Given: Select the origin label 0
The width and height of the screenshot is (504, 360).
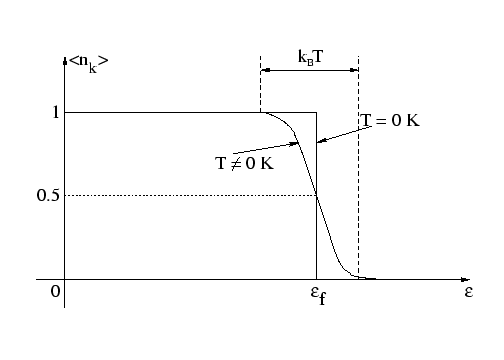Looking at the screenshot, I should click(x=56, y=292).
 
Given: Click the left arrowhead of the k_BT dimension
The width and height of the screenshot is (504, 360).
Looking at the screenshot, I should click(x=263, y=69).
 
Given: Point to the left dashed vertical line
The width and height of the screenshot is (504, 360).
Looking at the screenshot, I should click(x=260, y=85).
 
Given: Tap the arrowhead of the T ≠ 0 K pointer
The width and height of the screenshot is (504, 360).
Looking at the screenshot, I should click(x=297, y=144).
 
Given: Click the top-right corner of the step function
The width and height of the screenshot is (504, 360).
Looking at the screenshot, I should click(x=316, y=113).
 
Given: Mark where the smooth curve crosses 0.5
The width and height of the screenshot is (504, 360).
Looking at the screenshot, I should click(x=316, y=195).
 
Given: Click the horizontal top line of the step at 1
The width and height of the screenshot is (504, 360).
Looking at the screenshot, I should click(x=160, y=113).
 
